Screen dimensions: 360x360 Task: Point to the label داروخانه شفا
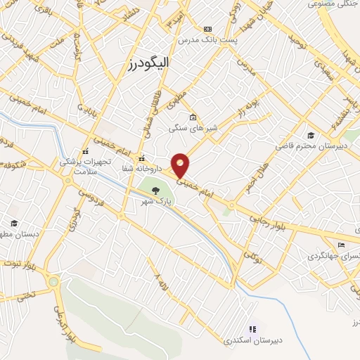click(142, 169)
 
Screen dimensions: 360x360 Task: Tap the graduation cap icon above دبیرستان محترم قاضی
click(310, 135)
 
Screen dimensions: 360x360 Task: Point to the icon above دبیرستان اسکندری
click(252, 328)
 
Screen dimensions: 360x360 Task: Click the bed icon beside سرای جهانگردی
click(341, 245)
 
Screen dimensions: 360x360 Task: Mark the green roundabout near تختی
click(53, 282)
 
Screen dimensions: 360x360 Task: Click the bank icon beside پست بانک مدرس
click(207, 29)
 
